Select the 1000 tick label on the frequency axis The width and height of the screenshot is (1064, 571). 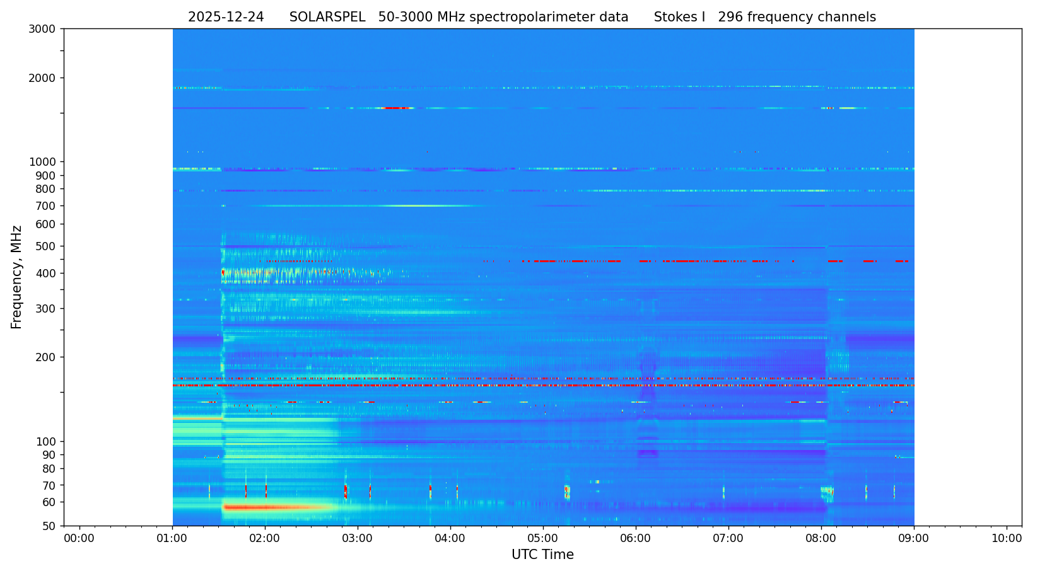42,162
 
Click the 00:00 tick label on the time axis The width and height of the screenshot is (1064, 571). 79,538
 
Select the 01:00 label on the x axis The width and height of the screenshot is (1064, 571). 172,538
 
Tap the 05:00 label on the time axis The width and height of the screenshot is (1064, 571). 543,538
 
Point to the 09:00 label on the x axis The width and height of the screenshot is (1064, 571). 914,538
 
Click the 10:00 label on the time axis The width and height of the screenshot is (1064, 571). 1007,538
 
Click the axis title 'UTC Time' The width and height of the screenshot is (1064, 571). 542,555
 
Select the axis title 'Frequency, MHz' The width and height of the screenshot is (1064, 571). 17,277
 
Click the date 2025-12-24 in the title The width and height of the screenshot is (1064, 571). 226,18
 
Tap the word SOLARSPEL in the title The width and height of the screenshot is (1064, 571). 327,18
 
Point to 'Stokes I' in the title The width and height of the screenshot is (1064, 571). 679,18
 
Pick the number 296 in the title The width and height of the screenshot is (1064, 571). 730,18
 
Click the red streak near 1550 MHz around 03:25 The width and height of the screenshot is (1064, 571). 396,108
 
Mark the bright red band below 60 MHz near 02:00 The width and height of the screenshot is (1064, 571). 265,507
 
